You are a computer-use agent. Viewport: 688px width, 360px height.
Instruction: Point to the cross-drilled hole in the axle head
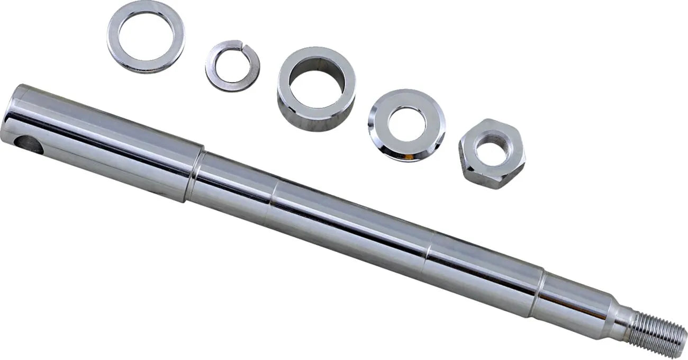coord(29,145)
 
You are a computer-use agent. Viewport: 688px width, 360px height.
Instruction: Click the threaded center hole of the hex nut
coord(492,152)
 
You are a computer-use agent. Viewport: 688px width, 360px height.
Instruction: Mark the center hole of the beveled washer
coord(406,124)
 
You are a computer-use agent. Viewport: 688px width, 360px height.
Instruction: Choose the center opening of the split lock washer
coord(232,65)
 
